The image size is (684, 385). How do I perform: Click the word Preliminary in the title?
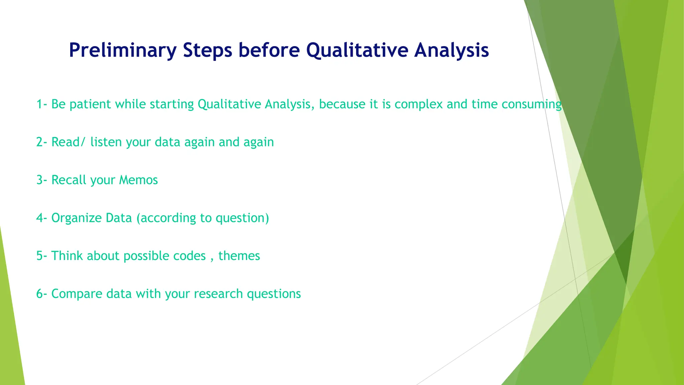[122, 50]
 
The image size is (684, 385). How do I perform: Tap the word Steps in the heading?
[207, 50]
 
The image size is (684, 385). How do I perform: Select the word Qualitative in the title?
[357, 50]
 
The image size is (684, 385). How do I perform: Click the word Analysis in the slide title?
[452, 50]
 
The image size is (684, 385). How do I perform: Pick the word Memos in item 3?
[138, 180]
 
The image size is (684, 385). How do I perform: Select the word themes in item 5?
[239, 256]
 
